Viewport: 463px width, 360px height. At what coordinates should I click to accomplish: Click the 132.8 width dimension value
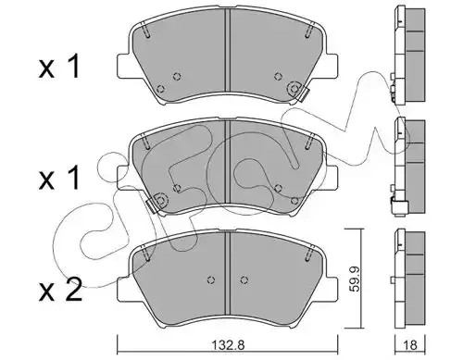pos(229,345)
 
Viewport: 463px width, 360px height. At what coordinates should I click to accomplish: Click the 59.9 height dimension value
pos(355,279)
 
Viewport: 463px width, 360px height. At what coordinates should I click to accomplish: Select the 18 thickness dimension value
pos(410,345)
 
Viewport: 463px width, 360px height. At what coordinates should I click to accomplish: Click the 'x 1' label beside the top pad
pos(59,66)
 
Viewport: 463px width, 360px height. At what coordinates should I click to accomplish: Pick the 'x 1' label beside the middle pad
pos(59,178)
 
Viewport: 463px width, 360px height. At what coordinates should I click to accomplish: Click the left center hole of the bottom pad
pos(211,279)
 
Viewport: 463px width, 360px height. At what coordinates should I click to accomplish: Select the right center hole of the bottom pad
pos(244,279)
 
